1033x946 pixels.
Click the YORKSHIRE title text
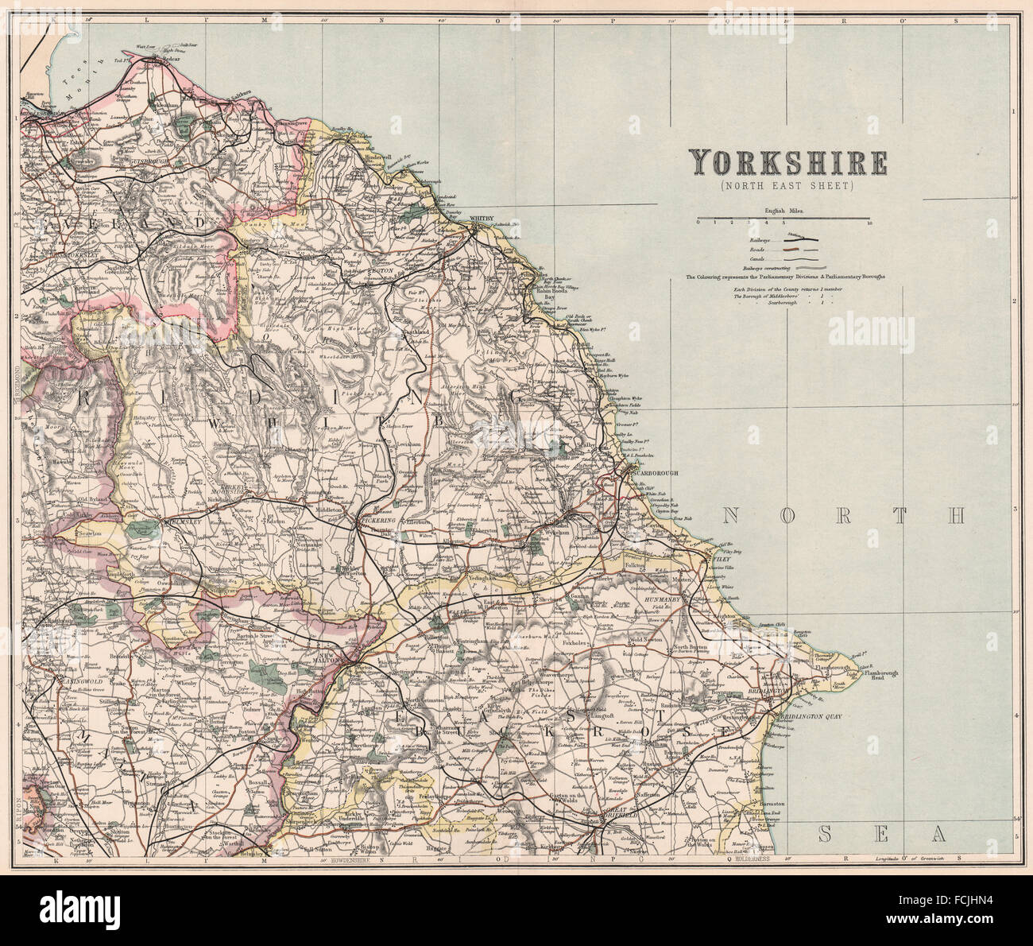tap(787, 163)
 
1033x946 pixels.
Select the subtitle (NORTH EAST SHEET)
tap(787, 186)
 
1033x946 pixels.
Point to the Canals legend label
tap(758, 258)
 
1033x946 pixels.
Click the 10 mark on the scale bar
tap(870, 223)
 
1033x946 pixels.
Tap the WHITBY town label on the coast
tap(482, 218)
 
